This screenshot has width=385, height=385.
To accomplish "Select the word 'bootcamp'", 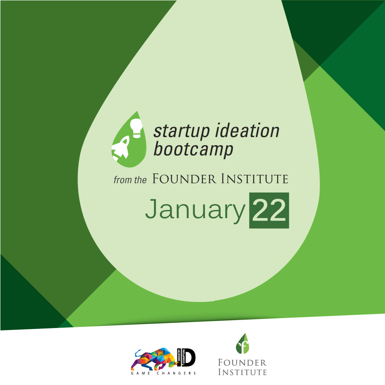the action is click(193, 149).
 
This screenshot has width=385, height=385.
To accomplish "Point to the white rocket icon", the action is click(121, 148).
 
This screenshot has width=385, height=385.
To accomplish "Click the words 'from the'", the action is click(130, 180).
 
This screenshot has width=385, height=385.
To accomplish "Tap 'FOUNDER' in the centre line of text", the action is click(184, 178).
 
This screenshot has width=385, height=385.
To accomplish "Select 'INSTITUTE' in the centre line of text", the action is click(255, 178).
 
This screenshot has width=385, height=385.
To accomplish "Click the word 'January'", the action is click(195, 209).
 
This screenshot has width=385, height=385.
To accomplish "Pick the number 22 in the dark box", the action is click(269, 210).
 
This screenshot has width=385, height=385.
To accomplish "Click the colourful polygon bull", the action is click(154, 359).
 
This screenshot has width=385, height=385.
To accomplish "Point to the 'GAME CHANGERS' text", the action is click(163, 373).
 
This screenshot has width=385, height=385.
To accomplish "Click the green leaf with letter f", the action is click(242, 344).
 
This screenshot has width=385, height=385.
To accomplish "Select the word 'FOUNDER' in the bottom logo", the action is click(242, 363).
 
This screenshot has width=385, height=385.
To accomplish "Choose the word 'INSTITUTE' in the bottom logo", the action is click(242, 372).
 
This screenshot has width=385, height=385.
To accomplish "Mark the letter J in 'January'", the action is click(151, 209).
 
